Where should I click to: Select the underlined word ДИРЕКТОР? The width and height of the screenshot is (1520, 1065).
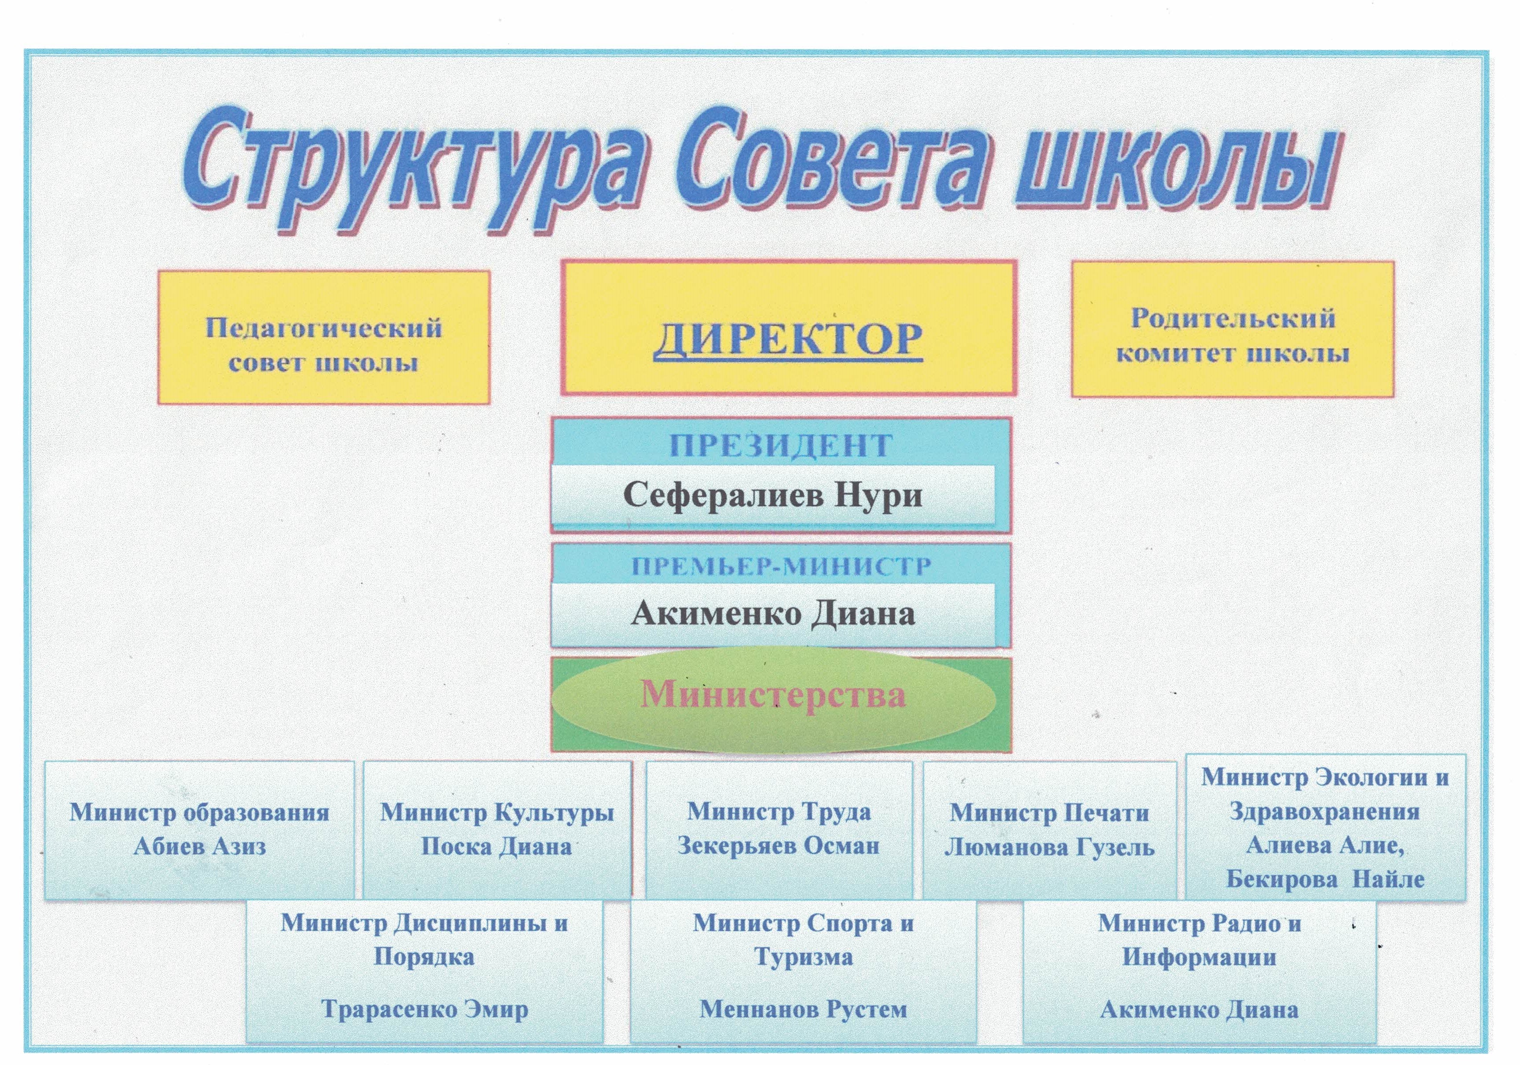point(788,340)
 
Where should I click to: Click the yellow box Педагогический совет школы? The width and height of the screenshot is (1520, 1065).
point(324,337)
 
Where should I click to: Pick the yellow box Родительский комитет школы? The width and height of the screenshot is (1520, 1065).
point(1233,329)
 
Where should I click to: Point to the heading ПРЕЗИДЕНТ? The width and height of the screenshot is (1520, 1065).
point(781,446)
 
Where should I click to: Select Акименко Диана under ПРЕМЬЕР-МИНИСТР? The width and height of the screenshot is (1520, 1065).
point(773,613)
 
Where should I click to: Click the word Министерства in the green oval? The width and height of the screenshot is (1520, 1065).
point(773,695)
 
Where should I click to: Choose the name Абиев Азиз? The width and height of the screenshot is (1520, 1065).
point(200,846)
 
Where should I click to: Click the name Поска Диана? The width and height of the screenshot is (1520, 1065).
point(497,846)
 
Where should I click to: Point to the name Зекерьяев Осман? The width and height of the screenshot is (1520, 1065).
point(778,845)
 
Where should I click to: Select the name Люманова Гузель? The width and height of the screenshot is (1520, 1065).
point(1049,847)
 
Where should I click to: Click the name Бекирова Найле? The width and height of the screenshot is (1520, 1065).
point(1325,879)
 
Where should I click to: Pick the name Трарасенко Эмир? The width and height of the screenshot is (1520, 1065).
point(425,1009)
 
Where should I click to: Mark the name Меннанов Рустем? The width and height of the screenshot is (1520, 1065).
point(804,1009)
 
